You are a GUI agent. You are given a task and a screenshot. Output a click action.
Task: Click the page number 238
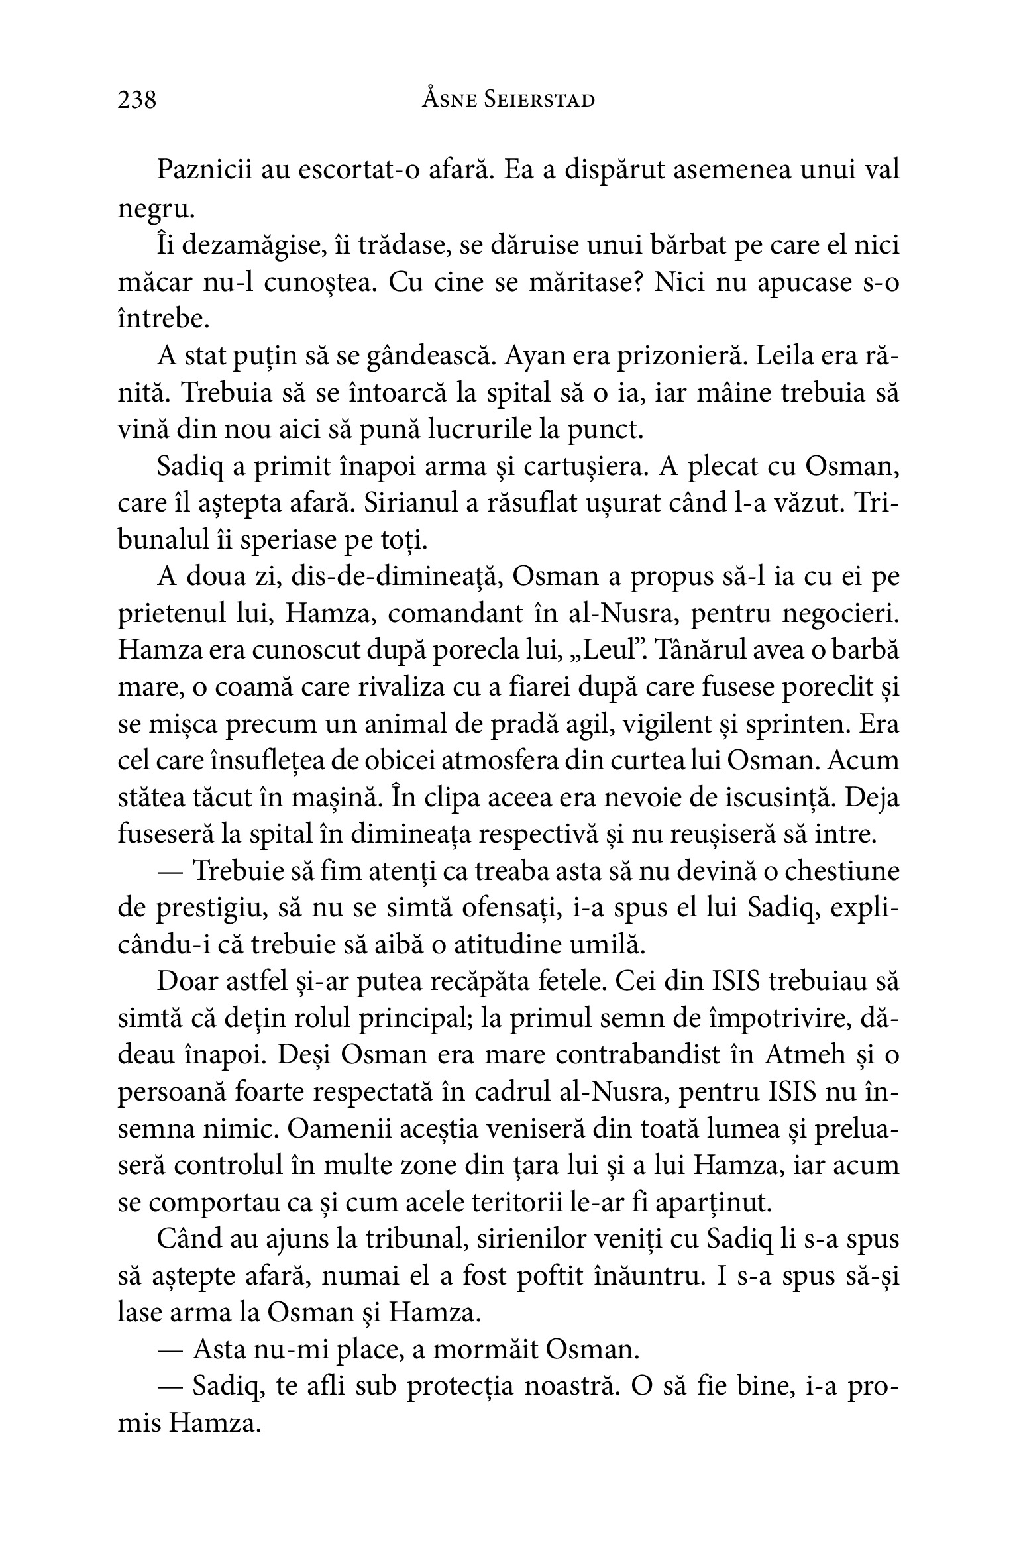137,100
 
